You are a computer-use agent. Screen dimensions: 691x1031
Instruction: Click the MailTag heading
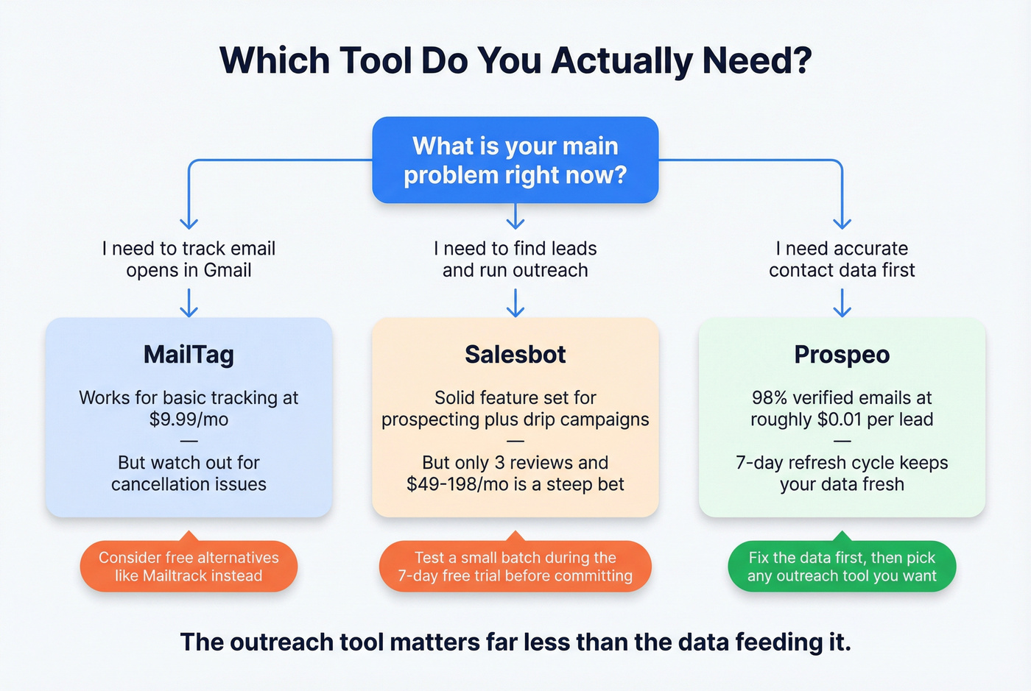pyautogui.click(x=189, y=355)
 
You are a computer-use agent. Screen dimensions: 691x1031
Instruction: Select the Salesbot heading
pyautogui.click(x=515, y=355)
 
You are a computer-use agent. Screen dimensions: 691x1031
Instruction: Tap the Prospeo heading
pyautogui.click(x=842, y=355)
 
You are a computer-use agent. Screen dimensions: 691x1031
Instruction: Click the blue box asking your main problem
pyautogui.click(x=515, y=160)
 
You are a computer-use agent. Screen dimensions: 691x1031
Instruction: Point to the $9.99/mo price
pyautogui.click(x=189, y=419)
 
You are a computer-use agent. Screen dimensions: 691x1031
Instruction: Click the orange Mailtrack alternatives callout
pyautogui.click(x=189, y=567)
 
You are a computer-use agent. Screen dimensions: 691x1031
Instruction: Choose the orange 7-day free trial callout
pyautogui.click(x=515, y=567)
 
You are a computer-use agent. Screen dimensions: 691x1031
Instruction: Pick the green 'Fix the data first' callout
pyautogui.click(x=842, y=567)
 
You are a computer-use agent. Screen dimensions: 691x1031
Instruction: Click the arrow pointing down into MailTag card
pyautogui.click(x=189, y=303)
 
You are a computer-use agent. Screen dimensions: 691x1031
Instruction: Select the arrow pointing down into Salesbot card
pyautogui.click(x=515, y=303)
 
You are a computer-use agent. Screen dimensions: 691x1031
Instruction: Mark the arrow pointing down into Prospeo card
pyautogui.click(x=842, y=303)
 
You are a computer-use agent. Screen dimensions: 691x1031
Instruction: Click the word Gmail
pyautogui.click(x=228, y=271)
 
